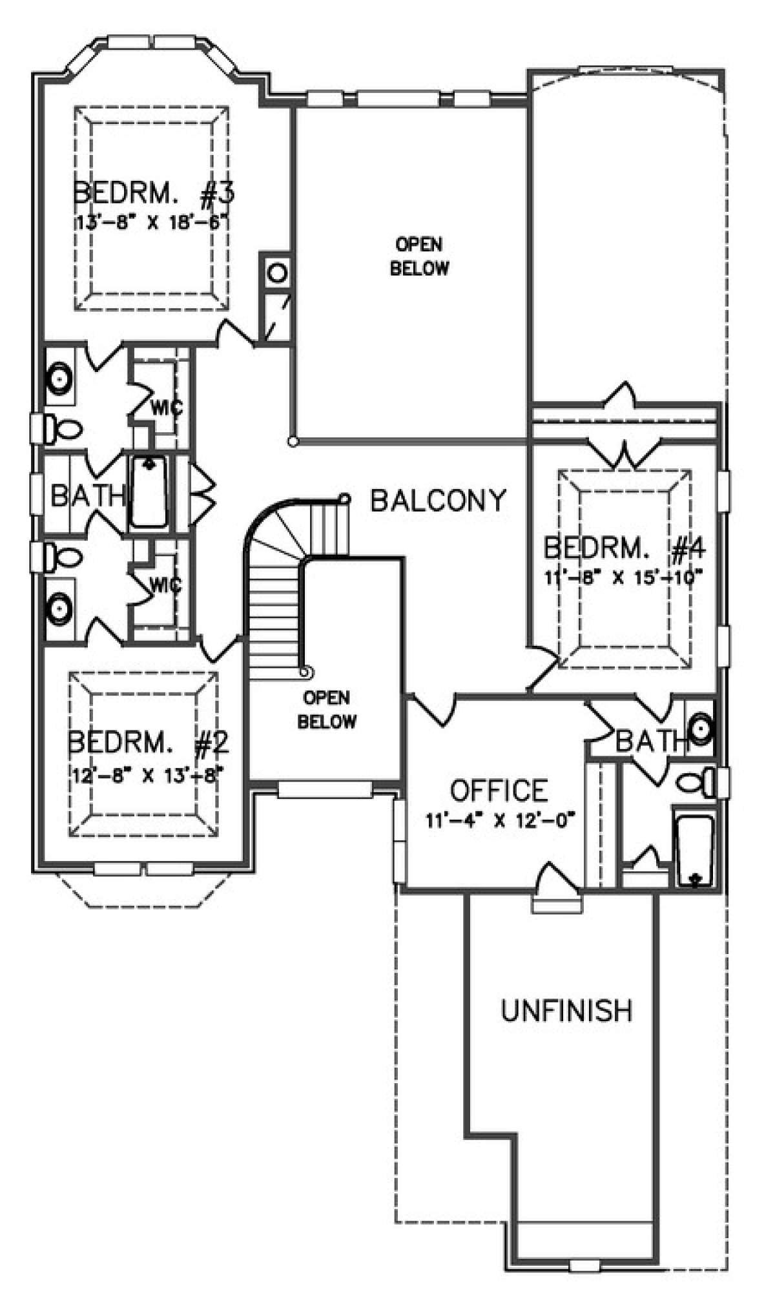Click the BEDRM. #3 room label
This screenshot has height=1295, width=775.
click(x=153, y=194)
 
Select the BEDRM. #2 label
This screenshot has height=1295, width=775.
click(x=149, y=743)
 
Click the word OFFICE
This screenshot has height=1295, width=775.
click(x=499, y=791)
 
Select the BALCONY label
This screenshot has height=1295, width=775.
click(x=439, y=501)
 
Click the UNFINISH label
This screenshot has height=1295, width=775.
click(x=566, y=1011)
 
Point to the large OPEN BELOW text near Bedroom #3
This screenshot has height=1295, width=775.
click(x=419, y=256)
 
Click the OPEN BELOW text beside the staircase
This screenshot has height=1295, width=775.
click(x=327, y=709)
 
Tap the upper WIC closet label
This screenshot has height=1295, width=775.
click(x=167, y=408)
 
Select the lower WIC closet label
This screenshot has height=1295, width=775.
click(x=165, y=585)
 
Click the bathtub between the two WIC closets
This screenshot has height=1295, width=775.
click(x=149, y=492)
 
